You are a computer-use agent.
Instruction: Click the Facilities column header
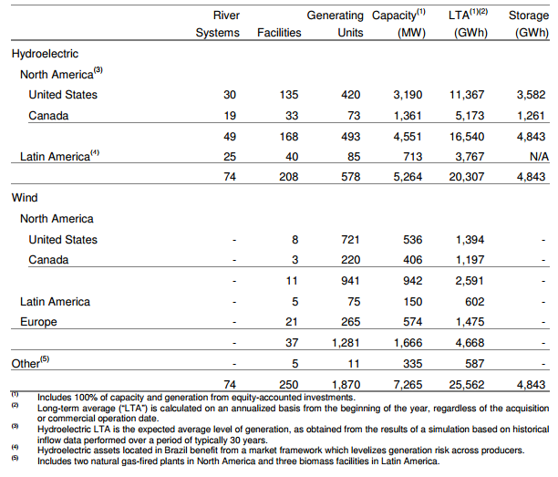[x=279, y=33]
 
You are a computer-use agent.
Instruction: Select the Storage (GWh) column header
[x=529, y=24]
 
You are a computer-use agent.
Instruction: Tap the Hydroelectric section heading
[x=45, y=54]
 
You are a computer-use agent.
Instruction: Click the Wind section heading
[x=25, y=198]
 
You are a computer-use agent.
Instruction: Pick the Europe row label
[x=38, y=322]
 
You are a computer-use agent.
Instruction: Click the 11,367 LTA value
[x=467, y=95]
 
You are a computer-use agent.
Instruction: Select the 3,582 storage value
[x=531, y=95]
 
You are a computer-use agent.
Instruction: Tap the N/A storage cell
[x=539, y=157]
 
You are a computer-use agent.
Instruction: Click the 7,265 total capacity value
[x=408, y=385]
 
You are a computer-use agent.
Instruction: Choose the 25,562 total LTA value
[x=467, y=385]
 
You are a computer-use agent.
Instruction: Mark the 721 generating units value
[x=350, y=240]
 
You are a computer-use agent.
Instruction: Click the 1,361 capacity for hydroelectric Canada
[x=408, y=116]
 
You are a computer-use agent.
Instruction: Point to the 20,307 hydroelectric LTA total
[x=467, y=177]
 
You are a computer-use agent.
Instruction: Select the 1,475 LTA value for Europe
[x=470, y=322]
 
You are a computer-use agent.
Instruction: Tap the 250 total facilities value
[x=289, y=385]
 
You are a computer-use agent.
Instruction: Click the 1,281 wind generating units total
[x=346, y=342]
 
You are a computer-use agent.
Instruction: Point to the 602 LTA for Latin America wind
[x=474, y=302]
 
